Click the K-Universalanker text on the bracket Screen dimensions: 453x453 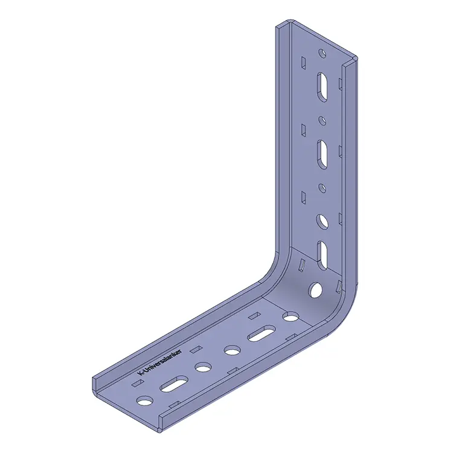pos(160,363)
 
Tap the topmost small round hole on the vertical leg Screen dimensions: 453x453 pos(322,53)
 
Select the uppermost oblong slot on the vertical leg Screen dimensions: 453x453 pos(322,87)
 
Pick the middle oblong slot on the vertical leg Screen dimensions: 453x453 pos(322,154)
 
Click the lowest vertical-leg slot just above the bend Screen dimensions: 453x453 pos(322,255)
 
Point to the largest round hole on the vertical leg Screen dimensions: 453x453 pos(322,222)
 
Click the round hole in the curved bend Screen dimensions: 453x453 pos(315,290)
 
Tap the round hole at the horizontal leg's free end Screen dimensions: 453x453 pos(145,400)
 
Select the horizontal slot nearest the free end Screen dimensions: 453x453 pos(174,384)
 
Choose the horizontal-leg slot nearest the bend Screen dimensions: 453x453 pos(261,333)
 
